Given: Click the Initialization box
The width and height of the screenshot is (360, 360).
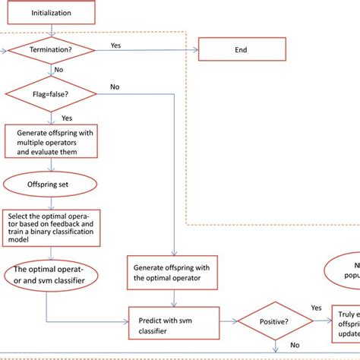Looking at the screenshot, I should click(52, 13).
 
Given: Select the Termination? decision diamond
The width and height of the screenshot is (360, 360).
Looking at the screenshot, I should click(51, 51).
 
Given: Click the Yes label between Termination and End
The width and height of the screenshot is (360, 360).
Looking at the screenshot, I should click(115, 45).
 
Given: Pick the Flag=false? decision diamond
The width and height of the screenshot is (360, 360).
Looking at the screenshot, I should click(51, 94).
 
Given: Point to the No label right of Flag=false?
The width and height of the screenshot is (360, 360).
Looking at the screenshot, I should click(115, 87).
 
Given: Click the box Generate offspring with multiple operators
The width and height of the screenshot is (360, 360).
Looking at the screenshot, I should click(52, 141).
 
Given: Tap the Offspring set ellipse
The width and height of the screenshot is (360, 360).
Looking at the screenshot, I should click(51, 184).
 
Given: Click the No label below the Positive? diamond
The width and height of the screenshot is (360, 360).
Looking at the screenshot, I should click(294, 343).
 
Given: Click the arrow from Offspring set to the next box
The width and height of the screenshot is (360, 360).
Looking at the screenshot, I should click(51, 201).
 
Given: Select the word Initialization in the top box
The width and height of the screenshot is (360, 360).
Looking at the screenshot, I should click(52, 13).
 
